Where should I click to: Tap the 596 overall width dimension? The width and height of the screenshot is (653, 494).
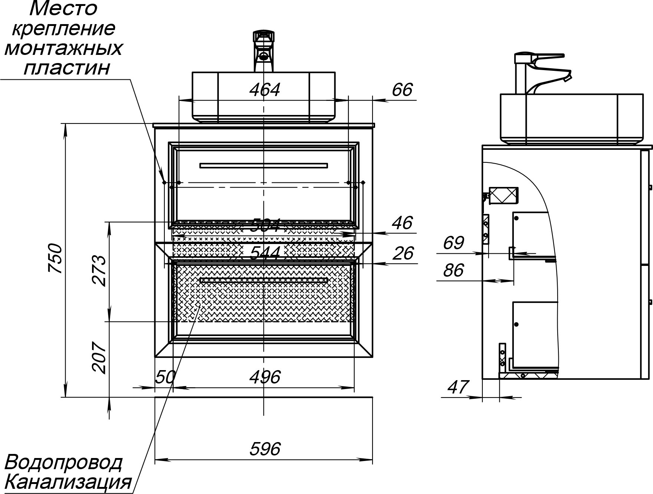tap(265, 449)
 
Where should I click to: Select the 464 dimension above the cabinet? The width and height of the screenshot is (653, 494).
tap(265, 90)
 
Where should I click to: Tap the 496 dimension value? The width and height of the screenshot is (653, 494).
tap(265, 378)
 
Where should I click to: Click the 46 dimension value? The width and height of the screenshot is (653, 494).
tap(402, 223)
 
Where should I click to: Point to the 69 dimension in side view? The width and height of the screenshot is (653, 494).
tap(453, 243)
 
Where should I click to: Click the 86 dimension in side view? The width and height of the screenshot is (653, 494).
tap(453, 270)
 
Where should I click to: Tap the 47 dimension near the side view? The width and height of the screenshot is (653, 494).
tap(459, 387)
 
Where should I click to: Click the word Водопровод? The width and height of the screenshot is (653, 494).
tap(63, 462)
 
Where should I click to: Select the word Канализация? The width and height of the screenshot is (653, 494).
tap(69, 482)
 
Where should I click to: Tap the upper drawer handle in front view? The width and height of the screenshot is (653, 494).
tap(263, 165)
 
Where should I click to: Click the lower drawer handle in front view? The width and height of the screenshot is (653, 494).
tap(263, 280)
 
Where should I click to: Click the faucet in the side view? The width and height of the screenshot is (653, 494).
tap(538, 72)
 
